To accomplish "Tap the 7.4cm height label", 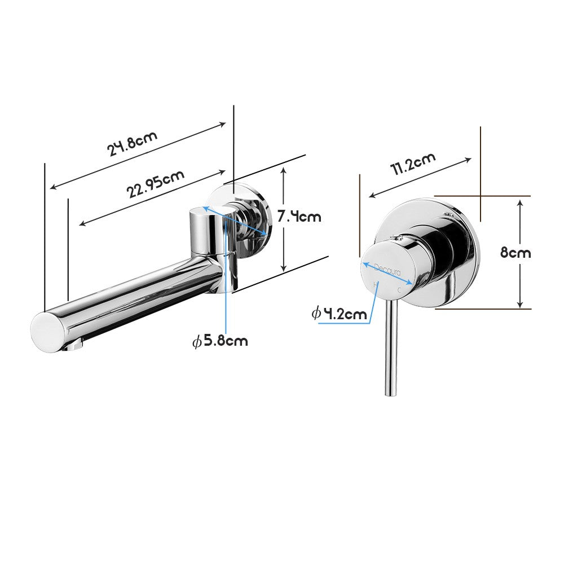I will click(299, 215).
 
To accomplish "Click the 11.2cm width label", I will click(413, 164).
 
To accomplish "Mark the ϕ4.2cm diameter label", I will click(340, 314).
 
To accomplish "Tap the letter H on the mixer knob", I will click(376, 285).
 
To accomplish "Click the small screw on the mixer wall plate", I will click(449, 215).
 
